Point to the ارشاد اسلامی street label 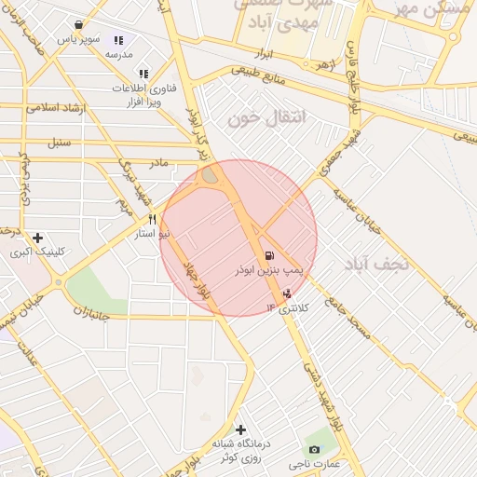pos(58,107)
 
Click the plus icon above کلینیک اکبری pos(37,238)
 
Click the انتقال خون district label pos(252,118)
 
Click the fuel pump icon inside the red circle pos(269,254)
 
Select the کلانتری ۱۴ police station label pos(293,307)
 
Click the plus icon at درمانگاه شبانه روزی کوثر pos(241,429)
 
